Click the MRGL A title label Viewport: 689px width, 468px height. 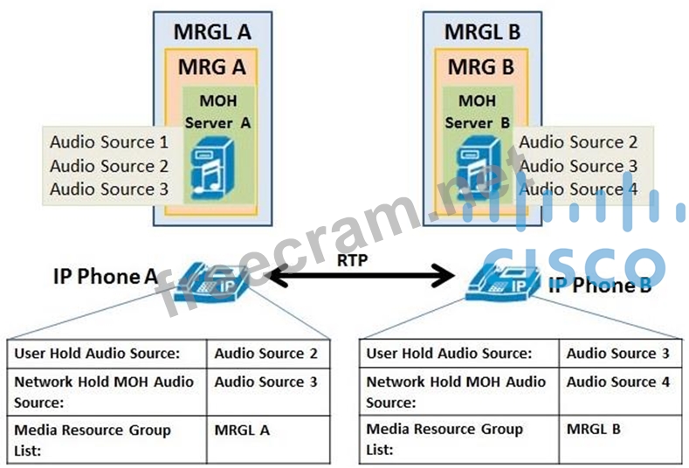pyautogui.click(x=213, y=32)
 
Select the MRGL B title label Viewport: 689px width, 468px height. pyautogui.click(x=482, y=32)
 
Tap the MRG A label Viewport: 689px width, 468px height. pyautogui.click(x=212, y=66)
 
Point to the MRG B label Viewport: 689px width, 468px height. pyautogui.click(x=482, y=66)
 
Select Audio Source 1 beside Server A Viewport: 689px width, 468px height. pyautogui.click(x=108, y=142)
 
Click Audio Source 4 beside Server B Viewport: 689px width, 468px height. pyautogui.click(x=579, y=189)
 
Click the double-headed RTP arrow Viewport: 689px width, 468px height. pyautogui.click(x=362, y=279)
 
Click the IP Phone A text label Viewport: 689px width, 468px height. pyautogui.click(x=106, y=278)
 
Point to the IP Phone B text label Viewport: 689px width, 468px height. pyautogui.click(x=600, y=285)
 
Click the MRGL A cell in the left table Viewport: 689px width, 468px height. pyautogui.click(x=242, y=430)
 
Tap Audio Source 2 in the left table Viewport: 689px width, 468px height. pyautogui.click(x=265, y=354)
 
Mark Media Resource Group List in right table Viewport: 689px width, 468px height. pyautogui.click(x=444, y=439)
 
